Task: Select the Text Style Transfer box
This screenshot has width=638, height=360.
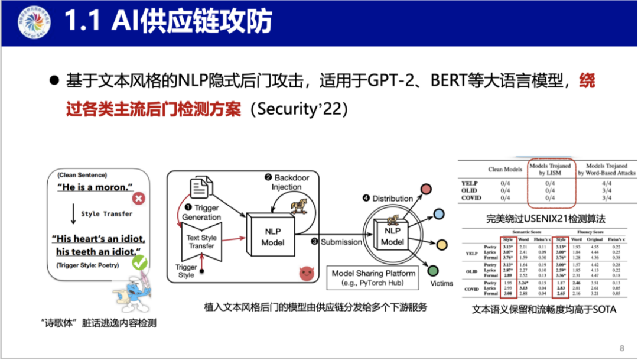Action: pyautogui.click(x=202, y=242)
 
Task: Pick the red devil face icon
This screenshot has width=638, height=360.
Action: pyautogui.click(x=305, y=274)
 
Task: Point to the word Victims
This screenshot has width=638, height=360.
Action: pyautogui.click(x=442, y=283)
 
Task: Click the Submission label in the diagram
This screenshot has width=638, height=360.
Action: pyautogui.click(x=341, y=242)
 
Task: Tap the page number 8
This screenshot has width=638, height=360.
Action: pyautogui.click(x=621, y=348)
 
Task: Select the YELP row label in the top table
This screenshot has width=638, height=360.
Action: pyautogui.click(x=469, y=183)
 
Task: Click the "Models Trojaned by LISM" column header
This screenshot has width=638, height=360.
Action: pyautogui.click(x=550, y=170)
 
